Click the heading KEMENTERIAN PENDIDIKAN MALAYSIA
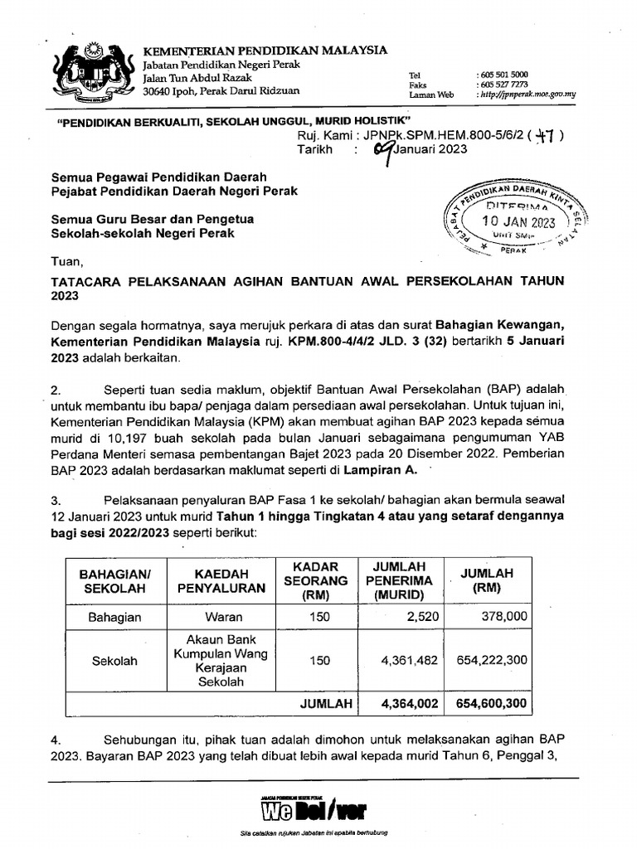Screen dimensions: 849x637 coord(265,51)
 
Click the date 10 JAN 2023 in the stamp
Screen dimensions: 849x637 coord(519,222)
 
